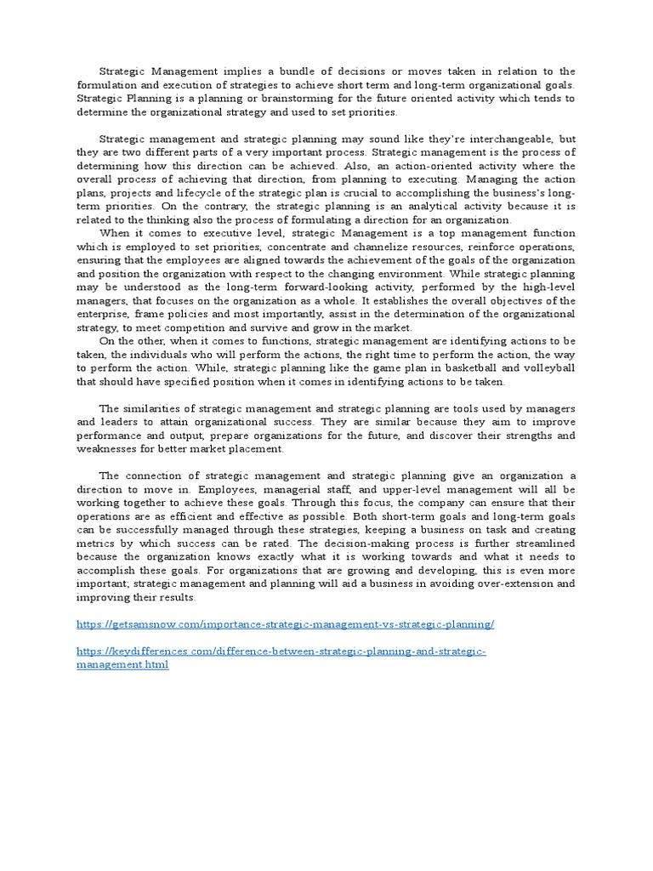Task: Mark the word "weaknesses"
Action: coord(107,449)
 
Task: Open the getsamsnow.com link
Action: coord(285,624)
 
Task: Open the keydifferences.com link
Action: coord(281,652)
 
